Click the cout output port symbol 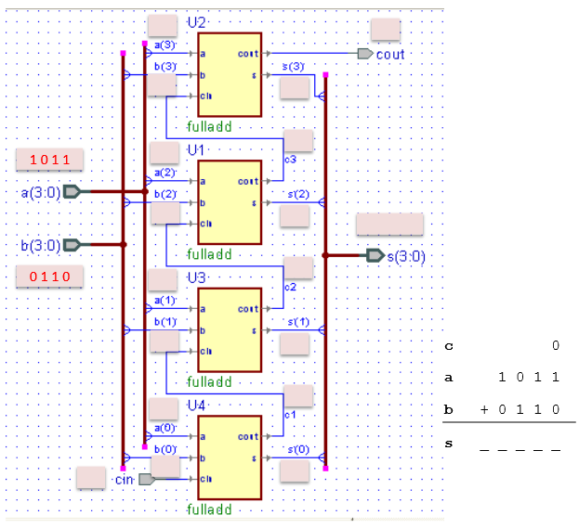pyautogui.click(x=365, y=54)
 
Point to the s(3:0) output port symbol pyautogui.click(x=375, y=255)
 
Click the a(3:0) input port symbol pyautogui.click(x=72, y=192)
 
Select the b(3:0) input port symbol pyautogui.click(x=72, y=245)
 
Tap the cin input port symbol pyautogui.click(x=145, y=479)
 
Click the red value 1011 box pyautogui.click(x=50, y=161)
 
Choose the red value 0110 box pyautogui.click(x=50, y=277)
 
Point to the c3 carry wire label pyautogui.click(x=289, y=160)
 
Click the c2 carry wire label pyautogui.click(x=289, y=287)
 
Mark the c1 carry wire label pyautogui.click(x=289, y=414)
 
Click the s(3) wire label pyautogui.click(x=293, y=67)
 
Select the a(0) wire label pyautogui.click(x=164, y=428)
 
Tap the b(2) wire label pyautogui.click(x=165, y=194)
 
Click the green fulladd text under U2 pyautogui.click(x=209, y=126)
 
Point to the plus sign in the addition pyautogui.click(x=484, y=408)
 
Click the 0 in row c pyautogui.click(x=556, y=346)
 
